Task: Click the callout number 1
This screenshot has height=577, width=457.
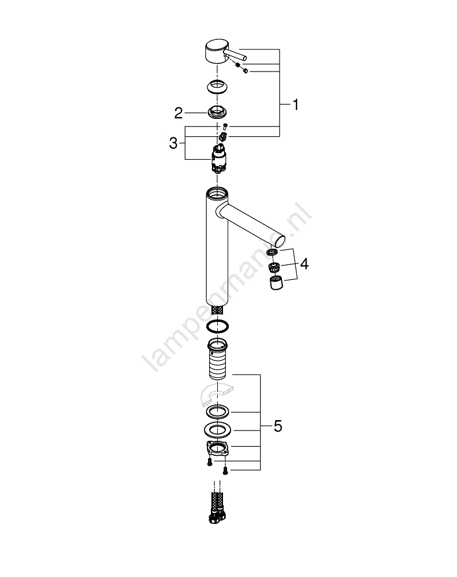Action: pos(295,105)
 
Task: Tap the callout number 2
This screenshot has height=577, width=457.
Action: pos(179,113)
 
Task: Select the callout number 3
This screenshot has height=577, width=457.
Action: pos(173,143)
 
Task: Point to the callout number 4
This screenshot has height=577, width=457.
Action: pos(304,264)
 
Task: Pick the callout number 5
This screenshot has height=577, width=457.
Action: pos(278,426)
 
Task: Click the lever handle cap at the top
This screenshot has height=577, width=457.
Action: pos(217,51)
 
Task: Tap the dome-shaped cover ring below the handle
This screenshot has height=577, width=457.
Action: pos(217,87)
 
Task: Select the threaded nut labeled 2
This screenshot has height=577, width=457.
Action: pos(217,111)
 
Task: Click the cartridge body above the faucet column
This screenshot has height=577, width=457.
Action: pos(218,158)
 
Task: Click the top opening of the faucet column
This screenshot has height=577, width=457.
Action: pos(217,193)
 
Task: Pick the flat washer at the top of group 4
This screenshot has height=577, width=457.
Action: pos(272,252)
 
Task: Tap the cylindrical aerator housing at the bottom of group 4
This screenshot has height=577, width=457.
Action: pos(276,282)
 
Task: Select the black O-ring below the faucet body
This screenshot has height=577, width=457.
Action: pos(217,326)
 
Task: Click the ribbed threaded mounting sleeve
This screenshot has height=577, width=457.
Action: pos(217,359)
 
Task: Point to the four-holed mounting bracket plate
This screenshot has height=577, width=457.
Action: pos(217,449)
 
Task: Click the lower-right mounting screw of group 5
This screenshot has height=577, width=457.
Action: pos(225,470)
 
